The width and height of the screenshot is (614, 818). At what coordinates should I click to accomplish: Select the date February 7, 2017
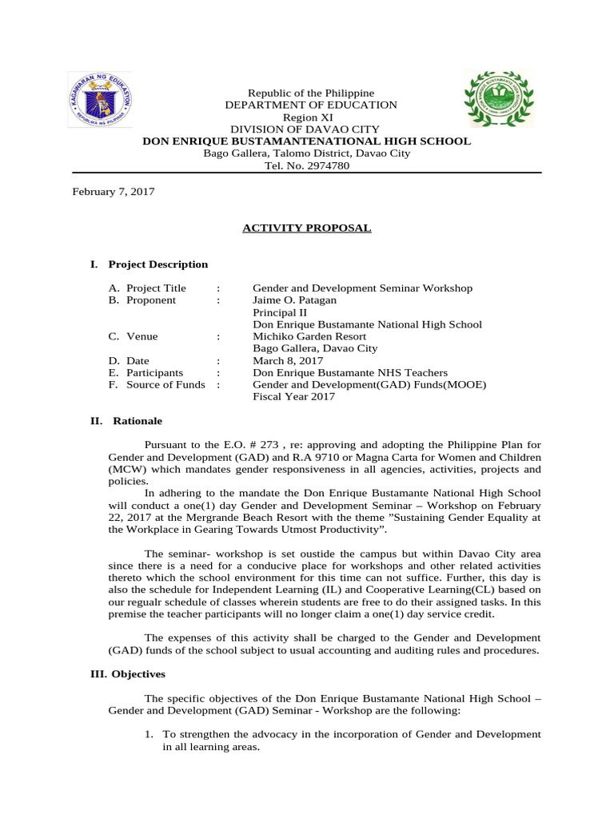[x=114, y=192]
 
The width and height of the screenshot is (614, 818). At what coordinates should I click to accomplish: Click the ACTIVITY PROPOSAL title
[x=307, y=228]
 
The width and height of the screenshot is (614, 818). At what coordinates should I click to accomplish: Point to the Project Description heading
[x=157, y=264]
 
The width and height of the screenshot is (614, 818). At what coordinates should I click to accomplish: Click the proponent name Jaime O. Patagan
[x=294, y=300]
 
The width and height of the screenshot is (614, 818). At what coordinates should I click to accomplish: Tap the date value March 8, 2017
[x=286, y=360]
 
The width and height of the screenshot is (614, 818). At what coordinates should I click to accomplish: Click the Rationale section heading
[x=137, y=421]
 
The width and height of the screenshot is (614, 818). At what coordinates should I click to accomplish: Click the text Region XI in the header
[x=307, y=117]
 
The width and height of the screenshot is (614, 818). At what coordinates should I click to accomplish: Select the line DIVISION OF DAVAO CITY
[x=305, y=129]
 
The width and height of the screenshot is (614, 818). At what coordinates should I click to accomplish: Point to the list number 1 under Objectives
[x=149, y=734]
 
